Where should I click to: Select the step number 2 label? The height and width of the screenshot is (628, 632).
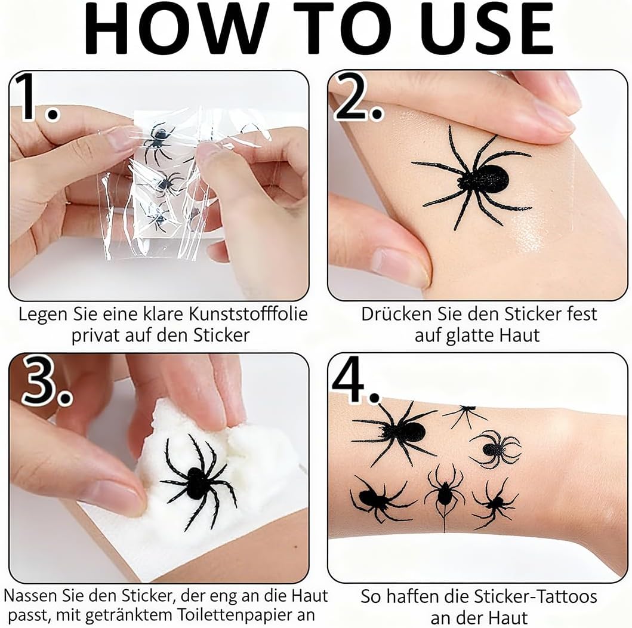coord(357,97)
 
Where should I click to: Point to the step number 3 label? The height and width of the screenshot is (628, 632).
coord(47,381)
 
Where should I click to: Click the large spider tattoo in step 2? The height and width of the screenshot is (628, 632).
coord(472,177)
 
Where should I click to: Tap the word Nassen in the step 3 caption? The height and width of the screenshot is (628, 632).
coord(30,595)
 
